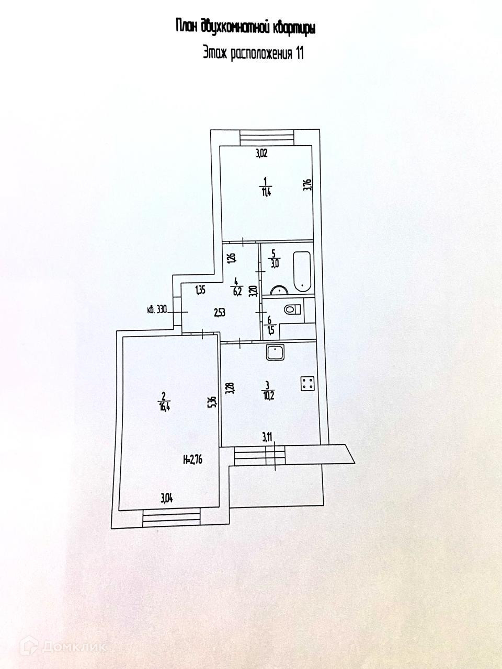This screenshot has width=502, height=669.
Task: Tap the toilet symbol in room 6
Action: (x=292, y=310)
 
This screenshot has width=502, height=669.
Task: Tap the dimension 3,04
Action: (x=166, y=498)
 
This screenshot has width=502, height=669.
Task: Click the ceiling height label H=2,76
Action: (x=193, y=460)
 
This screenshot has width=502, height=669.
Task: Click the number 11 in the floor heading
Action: (x=299, y=53)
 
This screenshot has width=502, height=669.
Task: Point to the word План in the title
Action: (x=187, y=26)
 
